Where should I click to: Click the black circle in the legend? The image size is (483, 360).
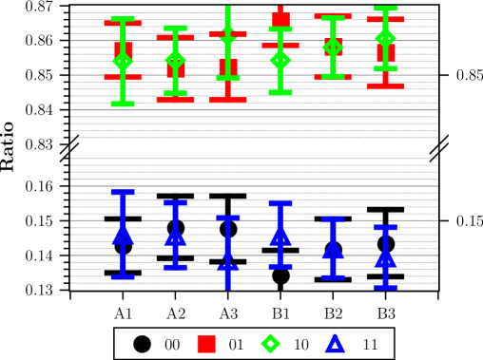pos(143,344)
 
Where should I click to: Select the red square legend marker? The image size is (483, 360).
pos(206,344)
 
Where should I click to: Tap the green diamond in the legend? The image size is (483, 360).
pos(271,344)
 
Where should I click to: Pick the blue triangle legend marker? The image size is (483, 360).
pos(335,344)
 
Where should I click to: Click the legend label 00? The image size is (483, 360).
pos(172,345)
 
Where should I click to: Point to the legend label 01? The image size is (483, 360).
pos(236,345)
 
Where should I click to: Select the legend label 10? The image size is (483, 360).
pos(300,345)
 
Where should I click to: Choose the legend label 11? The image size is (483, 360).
pos(370,345)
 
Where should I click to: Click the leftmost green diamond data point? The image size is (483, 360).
pos(123,62)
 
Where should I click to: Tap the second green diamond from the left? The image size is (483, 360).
pos(175,61)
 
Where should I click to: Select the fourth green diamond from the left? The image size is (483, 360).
pos(280,60)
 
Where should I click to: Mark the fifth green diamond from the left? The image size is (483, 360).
pos(333,47)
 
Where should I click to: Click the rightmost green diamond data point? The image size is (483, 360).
pos(385,39)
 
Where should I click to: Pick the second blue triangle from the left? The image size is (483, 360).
pos(175,235)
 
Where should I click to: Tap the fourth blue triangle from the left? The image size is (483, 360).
pos(280,234)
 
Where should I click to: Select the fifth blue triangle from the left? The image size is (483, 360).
pos(333,249)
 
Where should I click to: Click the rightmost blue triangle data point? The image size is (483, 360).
pos(385,256)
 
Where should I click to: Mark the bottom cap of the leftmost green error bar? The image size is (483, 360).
pos(123,104)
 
